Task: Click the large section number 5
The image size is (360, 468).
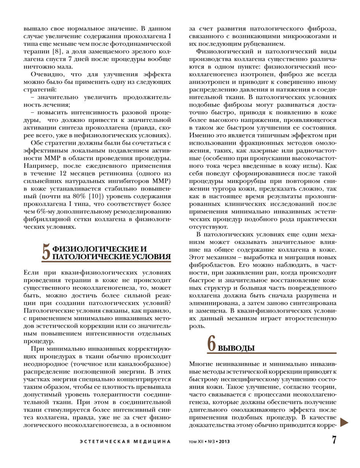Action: click(46, 252)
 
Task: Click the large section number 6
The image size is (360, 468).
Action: click(212, 343)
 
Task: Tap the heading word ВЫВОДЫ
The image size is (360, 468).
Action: click(236, 348)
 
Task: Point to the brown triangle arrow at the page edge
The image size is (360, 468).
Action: click(344, 422)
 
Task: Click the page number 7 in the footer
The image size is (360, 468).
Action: click(334, 440)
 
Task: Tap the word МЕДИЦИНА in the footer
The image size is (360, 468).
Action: click(152, 442)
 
